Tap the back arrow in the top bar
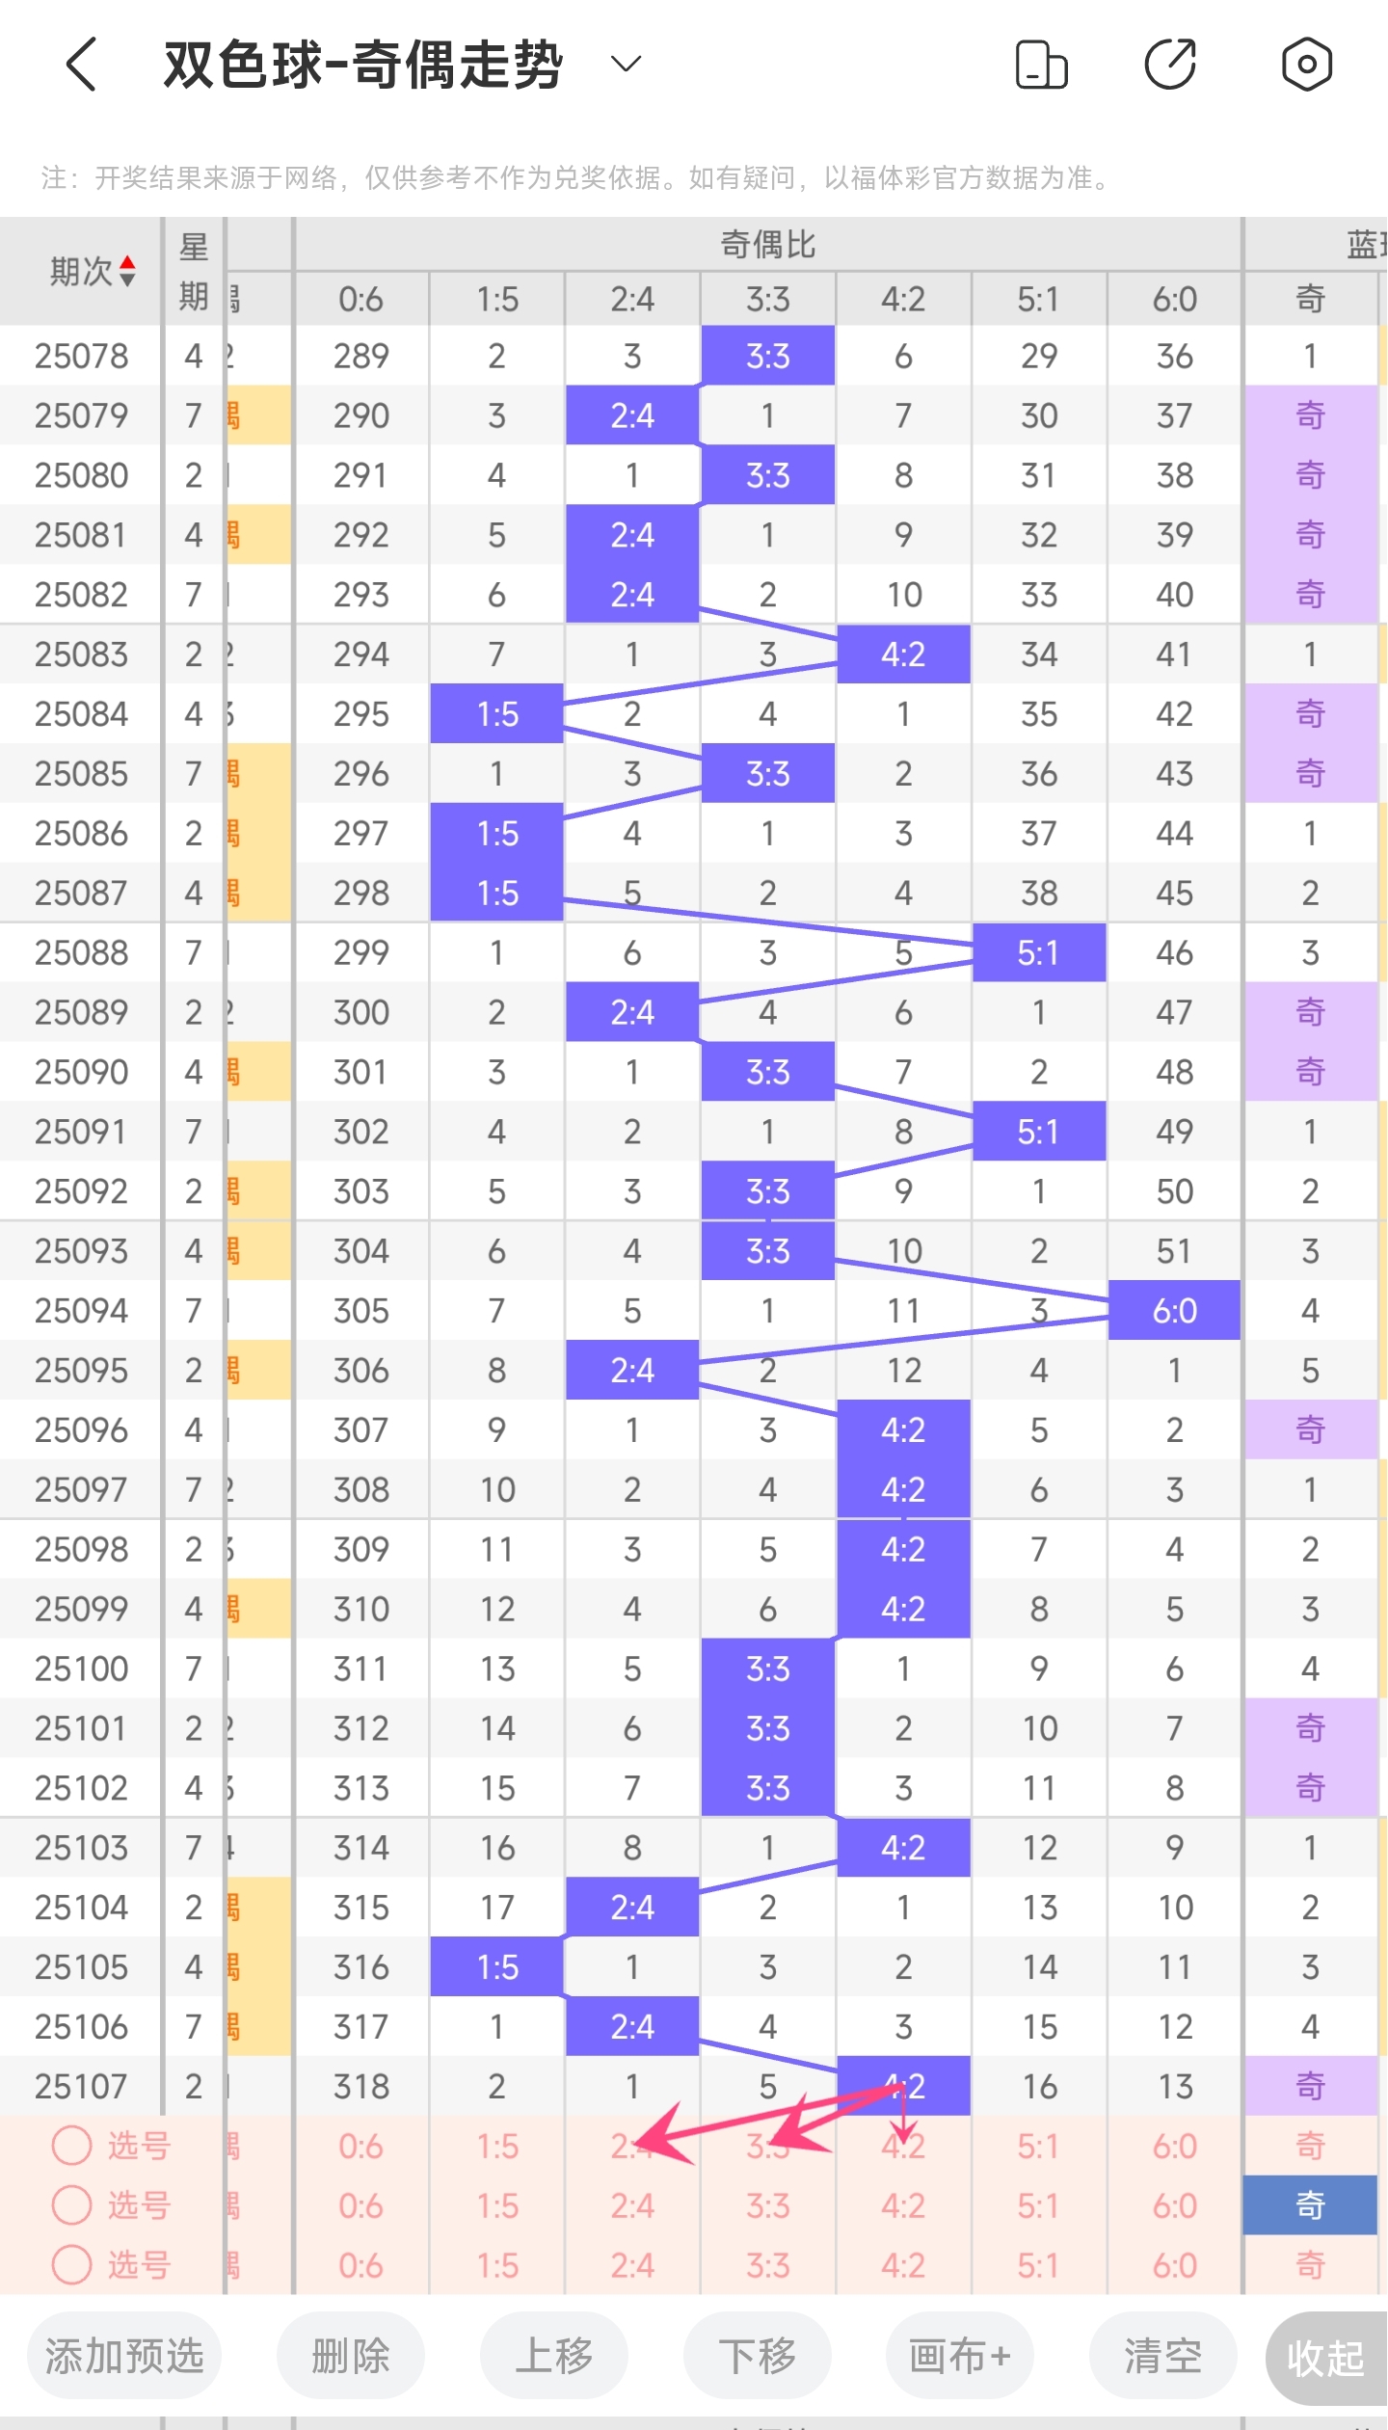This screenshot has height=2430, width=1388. [x=82, y=65]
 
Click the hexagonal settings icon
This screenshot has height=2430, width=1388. [x=1306, y=65]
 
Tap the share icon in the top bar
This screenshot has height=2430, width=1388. [x=1170, y=65]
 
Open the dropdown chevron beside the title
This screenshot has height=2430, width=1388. [x=627, y=65]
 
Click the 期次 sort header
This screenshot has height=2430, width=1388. [x=92, y=272]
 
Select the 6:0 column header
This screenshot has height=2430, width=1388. [x=1174, y=300]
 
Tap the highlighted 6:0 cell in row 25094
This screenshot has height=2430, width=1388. [x=1174, y=1311]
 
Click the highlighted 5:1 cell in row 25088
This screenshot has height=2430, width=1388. [x=1038, y=953]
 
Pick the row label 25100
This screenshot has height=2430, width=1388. [x=81, y=1669]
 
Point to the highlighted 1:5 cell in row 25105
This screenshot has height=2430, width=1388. [x=497, y=1966]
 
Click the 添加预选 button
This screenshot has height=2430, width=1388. [x=124, y=2357]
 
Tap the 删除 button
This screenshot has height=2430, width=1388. [x=351, y=2357]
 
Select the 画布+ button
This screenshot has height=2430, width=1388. [x=960, y=2357]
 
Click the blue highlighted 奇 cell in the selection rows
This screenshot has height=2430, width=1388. [x=1309, y=2205]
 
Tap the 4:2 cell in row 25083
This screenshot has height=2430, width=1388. [x=903, y=654]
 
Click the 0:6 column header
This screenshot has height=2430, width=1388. [x=361, y=300]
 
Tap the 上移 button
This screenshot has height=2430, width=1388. [x=554, y=2357]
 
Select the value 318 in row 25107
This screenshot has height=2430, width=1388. [x=361, y=2086]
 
